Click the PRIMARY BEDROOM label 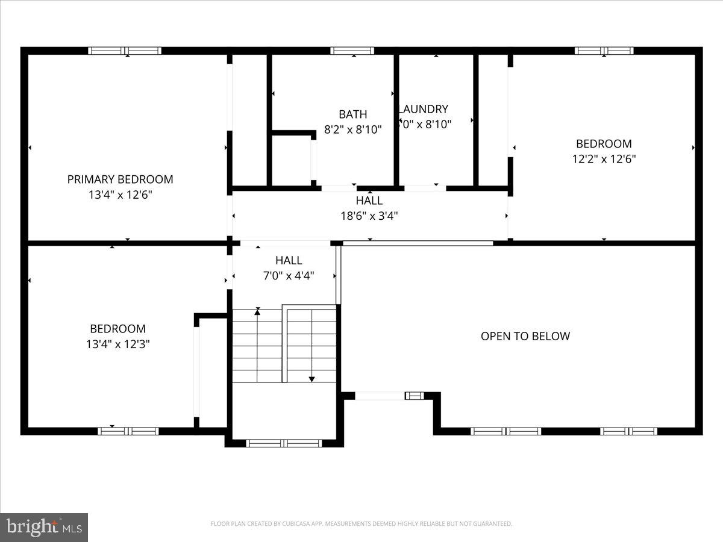tap(120, 179)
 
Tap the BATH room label tap(352, 114)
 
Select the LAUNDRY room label tap(424, 109)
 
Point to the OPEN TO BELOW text tap(525, 336)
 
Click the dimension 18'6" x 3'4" tap(369, 215)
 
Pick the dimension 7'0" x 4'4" tap(289, 275)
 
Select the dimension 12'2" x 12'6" tap(604, 159)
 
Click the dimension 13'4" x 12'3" tap(117, 344)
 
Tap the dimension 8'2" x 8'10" tap(352, 129)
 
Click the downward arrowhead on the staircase tap(311, 378)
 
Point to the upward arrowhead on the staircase tap(258, 311)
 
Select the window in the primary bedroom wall tap(125, 51)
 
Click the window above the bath tap(352, 51)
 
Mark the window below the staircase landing tap(284, 443)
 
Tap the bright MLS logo tap(43, 527)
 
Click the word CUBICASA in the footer tap(294, 524)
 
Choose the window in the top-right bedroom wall tap(604, 51)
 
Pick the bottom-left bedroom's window tap(128, 431)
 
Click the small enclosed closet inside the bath tap(292, 160)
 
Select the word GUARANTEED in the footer tap(490, 524)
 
